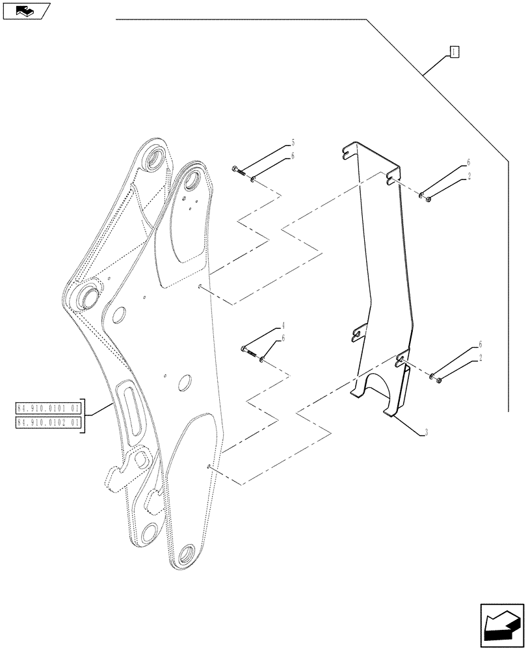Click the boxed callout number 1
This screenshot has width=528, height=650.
455,52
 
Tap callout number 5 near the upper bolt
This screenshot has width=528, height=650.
293,142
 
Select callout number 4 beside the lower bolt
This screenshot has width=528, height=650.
284,324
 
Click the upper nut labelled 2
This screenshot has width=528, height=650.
429,199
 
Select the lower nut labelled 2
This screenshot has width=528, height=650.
440,380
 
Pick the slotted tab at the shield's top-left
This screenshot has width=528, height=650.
349,152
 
